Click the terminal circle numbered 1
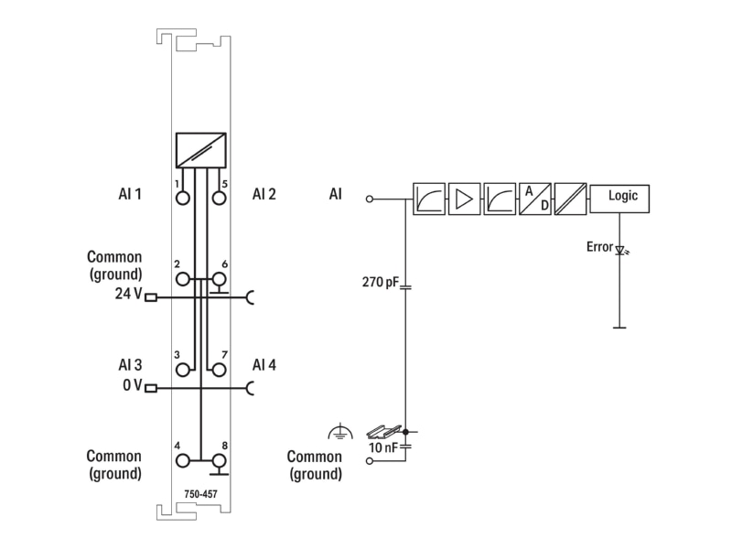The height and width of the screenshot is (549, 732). coord(183,199)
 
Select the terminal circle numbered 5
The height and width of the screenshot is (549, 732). coord(219,199)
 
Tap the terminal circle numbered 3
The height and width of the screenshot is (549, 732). coord(183,370)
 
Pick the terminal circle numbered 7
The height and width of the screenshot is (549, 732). coord(219,370)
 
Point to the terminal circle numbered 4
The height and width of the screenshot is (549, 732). coord(183,461)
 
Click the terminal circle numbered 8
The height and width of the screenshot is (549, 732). coord(219,461)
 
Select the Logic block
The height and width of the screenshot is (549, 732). coord(619,199)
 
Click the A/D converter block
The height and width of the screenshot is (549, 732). coord(535,199)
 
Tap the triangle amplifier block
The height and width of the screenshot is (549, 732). coord(465,199)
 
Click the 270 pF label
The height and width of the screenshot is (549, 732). coord(381,282)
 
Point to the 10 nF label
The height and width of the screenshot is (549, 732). coord(382,447)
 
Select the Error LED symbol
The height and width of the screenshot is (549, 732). coord(621,251)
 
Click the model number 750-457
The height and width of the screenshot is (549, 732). coord(200,494)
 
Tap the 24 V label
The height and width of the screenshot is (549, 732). coord(128,294)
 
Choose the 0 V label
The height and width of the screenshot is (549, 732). coord(132,385)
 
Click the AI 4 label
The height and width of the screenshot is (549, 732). coord(264,364)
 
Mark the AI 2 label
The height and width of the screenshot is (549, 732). coord(264,194)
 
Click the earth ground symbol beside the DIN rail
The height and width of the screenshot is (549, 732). coord(340,432)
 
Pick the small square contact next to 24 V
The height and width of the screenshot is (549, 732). coord(151,296)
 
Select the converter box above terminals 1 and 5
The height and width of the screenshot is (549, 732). coord(201,150)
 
